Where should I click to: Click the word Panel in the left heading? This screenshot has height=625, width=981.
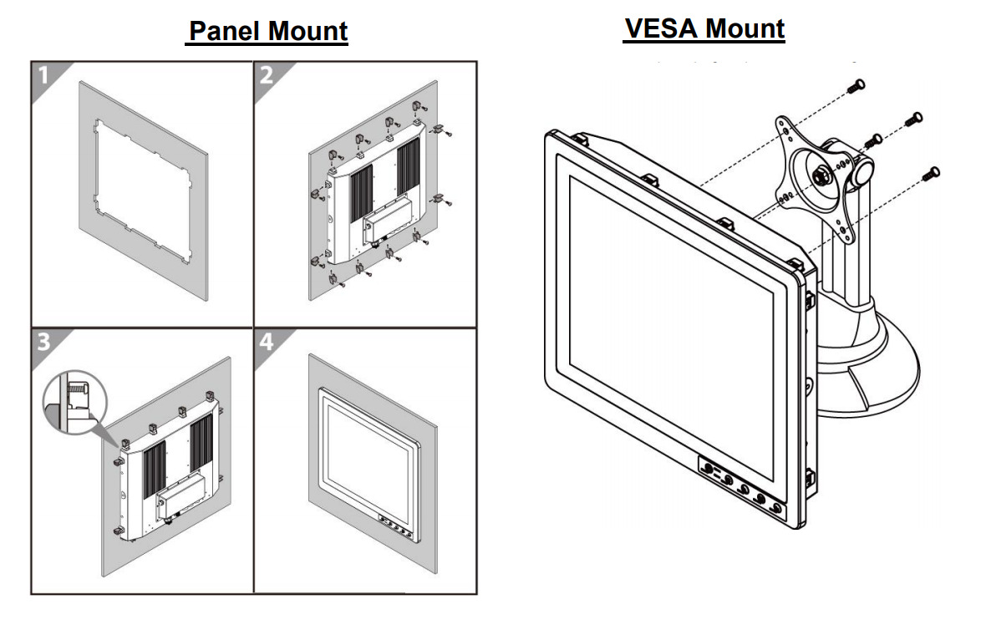[x=225, y=32]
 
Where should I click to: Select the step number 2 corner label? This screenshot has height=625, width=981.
[x=267, y=75]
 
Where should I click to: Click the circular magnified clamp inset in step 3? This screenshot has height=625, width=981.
[x=76, y=401]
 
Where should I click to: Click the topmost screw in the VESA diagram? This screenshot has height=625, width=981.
[x=856, y=84]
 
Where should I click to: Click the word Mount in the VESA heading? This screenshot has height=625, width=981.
[x=744, y=28]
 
